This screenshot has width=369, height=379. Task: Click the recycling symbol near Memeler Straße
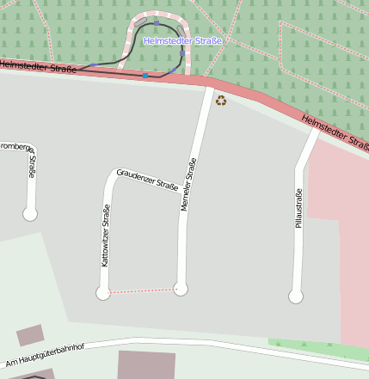[x=221, y=101]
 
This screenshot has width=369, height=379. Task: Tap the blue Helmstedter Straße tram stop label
[x=183, y=41]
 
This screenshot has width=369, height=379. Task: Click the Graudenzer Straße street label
[x=147, y=179]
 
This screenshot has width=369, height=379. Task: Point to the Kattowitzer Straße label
[x=106, y=235]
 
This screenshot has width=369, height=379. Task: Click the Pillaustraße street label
[x=298, y=208]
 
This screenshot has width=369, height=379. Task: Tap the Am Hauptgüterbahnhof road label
[x=45, y=355]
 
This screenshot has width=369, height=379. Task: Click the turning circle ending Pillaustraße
[x=296, y=296]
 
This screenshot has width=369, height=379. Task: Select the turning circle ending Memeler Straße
[x=181, y=289]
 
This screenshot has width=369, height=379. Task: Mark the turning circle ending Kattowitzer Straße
[x=103, y=293]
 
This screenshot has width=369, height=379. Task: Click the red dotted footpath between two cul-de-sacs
[x=142, y=291]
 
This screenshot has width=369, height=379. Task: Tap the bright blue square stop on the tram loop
[x=145, y=76]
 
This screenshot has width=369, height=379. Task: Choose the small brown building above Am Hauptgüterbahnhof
[x=30, y=334]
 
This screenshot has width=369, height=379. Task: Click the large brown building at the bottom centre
[x=146, y=365]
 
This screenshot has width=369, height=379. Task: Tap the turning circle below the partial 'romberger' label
[x=30, y=214]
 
